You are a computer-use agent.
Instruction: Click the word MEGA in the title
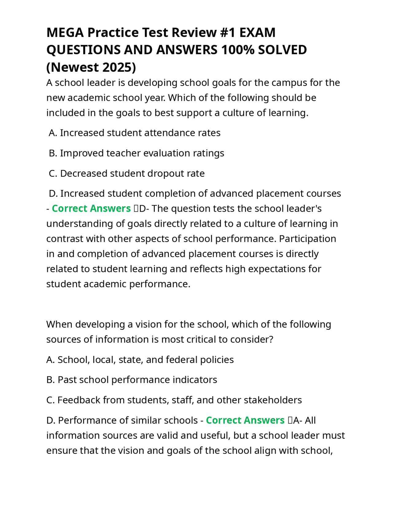[65, 33]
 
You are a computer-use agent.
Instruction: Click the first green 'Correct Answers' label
[91, 209]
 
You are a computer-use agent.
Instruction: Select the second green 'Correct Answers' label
[245, 420]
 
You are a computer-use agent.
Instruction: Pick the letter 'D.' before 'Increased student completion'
[53, 194]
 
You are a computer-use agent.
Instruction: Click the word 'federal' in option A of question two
[182, 360]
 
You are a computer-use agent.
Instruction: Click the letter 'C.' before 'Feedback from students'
[51, 400]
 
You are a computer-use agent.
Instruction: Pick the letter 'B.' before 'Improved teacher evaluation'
[53, 153]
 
